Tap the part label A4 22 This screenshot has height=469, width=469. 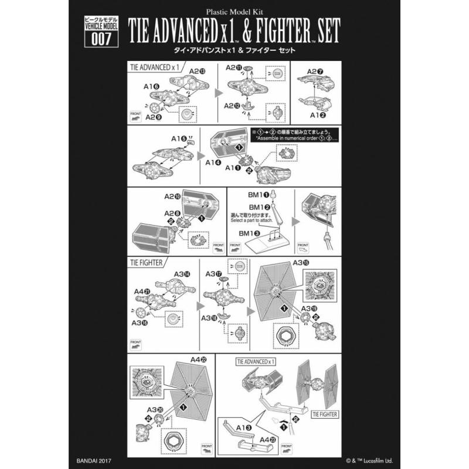click(196, 360)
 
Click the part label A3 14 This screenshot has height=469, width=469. click(182, 274)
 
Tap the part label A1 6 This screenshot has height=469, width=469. click(151, 85)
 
